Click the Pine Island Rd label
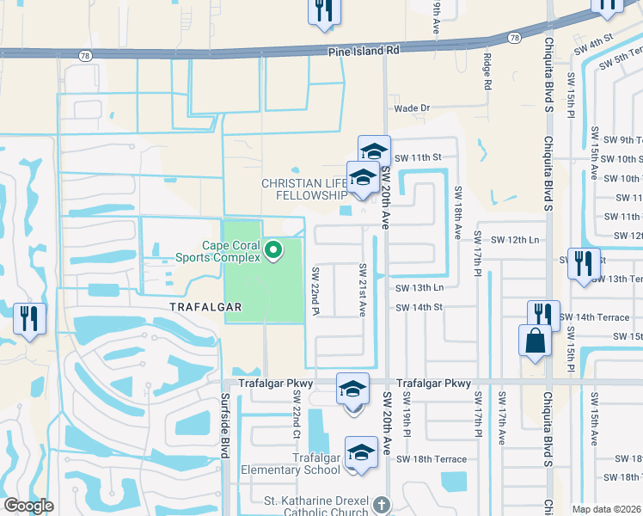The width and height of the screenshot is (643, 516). (364, 51)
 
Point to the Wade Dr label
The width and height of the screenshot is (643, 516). (411, 108)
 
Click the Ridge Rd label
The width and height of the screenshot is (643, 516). (487, 73)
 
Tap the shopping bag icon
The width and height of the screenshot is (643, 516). (535, 339)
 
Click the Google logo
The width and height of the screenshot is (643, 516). (28, 506)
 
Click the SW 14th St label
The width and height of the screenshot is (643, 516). (419, 307)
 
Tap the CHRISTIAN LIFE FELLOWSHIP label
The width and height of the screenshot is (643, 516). (303, 190)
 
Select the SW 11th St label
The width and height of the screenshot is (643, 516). (418, 157)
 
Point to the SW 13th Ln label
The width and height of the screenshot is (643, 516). (419, 287)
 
